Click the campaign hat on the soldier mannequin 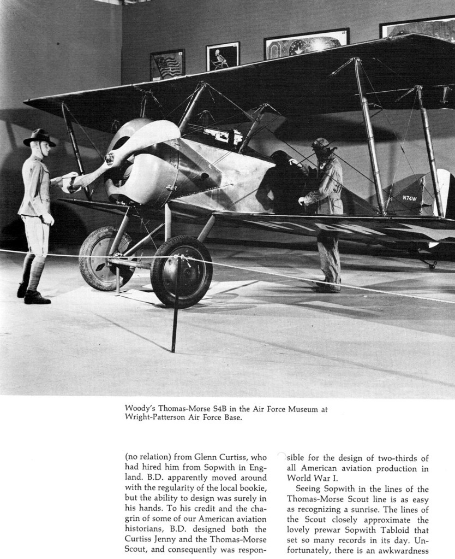tap(39, 138)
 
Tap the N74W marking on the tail tap(409, 198)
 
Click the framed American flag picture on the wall tap(167, 64)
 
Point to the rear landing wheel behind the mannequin tap(105, 257)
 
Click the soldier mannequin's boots tap(34, 295)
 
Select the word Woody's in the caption tap(140, 408)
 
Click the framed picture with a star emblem tap(306, 44)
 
